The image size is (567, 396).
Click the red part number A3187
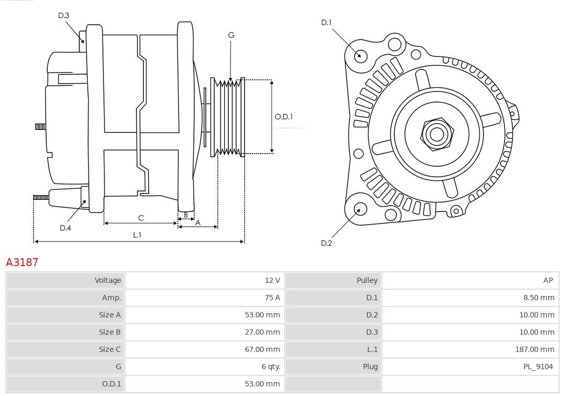pyautogui.click(x=22, y=262)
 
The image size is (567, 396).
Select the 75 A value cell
pyautogui.click(x=272, y=298)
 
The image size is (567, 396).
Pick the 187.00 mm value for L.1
pyautogui.click(x=534, y=349)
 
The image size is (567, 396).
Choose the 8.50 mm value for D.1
pyautogui.click(x=538, y=298)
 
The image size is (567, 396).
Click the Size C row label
pyautogui.click(x=110, y=349)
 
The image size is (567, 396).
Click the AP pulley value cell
pyautogui.click(x=548, y=280)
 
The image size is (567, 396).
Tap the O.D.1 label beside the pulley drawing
pyautogui.click(x=283, y=117)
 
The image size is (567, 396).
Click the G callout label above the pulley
pyautogui.click(x=231, y=35)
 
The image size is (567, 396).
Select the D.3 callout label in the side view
pyautogui.click(x=64, y=16)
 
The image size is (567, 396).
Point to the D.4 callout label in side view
pyautogui.click(x=65, y=228)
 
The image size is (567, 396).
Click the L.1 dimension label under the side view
pyautogui.click(x=137, y=235)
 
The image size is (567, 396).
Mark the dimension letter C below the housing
pyautogui.click(x=141, y=218)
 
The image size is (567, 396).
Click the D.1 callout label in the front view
pyautogui.click(x=327, y=23)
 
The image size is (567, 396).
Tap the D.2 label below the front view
pyautogui.click(x=327, y=243)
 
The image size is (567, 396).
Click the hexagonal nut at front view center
pyautogui.click(x=436, y=134)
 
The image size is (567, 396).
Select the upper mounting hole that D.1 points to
pyautogui.click(x=361, y=55)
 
